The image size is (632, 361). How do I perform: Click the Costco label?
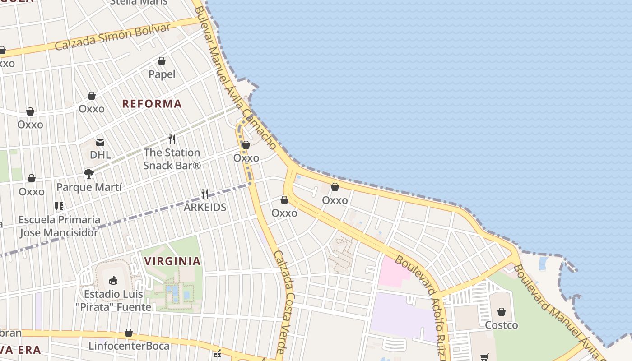tap(501, 325)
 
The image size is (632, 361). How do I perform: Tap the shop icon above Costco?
tap(501, 312)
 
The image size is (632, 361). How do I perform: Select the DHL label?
tap(100, 155)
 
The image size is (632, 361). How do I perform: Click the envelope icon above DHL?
tap(100, 142)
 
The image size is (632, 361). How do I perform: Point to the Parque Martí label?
tap(89, 187)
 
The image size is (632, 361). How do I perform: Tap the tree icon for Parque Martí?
tap(89, 173)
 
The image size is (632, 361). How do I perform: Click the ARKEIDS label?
tap(205, 208)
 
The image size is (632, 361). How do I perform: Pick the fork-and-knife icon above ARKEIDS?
tap(205, 194)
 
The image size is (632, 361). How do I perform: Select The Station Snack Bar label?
tap(172, 159)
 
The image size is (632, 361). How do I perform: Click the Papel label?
tap(162, 74)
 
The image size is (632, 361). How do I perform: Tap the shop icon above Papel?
tap(162, 61)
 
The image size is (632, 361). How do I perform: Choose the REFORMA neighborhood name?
tap(152, 104)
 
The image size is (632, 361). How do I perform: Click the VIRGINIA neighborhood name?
tap(172, 261)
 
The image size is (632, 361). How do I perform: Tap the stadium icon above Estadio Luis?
tap(113, 281)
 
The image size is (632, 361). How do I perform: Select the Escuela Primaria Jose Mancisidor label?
tap(59, 226)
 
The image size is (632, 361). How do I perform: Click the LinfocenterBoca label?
tap(129, 346)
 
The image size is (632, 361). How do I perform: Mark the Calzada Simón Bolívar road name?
tap(113, 37)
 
